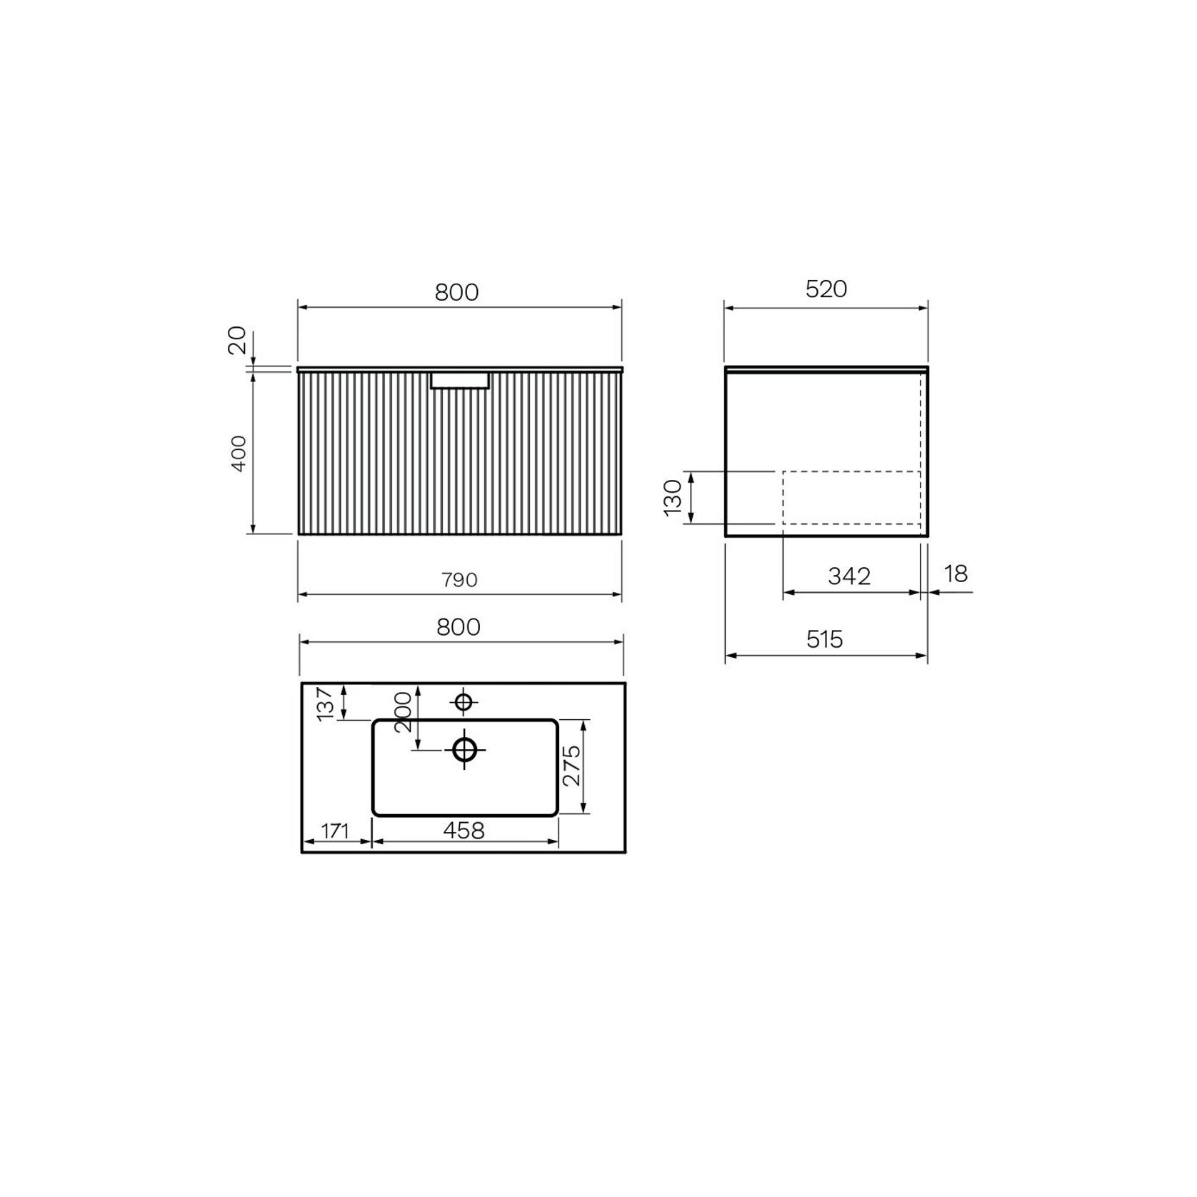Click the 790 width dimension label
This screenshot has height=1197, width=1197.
click(459, 580)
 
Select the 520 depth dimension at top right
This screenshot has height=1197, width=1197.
click(826, 289)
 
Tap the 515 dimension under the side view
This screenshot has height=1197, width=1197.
click(825, 639)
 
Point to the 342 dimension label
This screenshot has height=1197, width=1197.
click(849, 576)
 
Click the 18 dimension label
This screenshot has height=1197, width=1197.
click(956, 574)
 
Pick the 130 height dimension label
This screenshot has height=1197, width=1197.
click(673, 497)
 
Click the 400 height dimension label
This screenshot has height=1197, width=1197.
click(239, 453)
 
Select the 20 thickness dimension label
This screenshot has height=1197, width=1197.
click(237, 340)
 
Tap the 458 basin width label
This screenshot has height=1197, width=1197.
click(464, 831)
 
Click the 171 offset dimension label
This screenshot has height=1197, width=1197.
click(334, 831)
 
